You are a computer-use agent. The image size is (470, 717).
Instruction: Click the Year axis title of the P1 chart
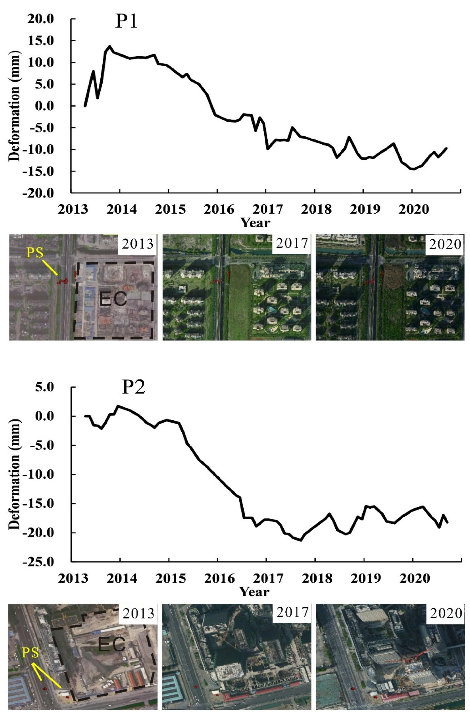point(255,223)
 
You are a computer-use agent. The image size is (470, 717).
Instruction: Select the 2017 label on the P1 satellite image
point(292,243)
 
